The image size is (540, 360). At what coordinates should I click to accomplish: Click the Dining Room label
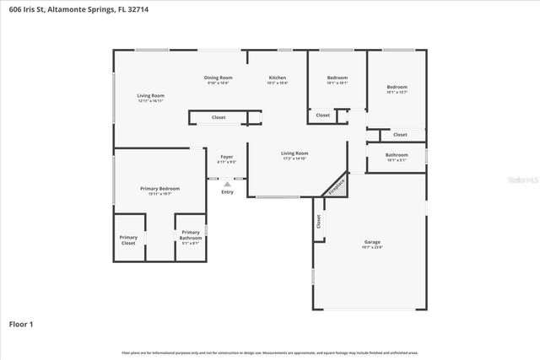point(218,78)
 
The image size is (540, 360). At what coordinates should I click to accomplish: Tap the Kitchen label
point(278,78)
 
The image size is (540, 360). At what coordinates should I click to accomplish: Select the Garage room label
point(372,242)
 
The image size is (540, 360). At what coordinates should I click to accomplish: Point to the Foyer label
point(227,157)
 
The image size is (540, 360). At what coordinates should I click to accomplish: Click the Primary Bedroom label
point(159,189)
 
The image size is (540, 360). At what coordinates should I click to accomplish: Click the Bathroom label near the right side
point(397,155)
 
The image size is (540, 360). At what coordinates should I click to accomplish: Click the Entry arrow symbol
point(227,184)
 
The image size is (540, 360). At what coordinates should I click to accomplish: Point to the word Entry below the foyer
point(227,192)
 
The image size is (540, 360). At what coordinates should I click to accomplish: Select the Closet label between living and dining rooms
point(219,118)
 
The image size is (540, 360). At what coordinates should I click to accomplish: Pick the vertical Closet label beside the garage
point(319,222)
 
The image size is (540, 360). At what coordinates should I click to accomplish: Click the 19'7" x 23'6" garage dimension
point(372,247)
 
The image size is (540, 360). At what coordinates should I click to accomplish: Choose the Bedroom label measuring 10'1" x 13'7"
point(397,88)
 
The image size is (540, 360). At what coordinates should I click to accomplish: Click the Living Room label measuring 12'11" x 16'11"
point(151,96)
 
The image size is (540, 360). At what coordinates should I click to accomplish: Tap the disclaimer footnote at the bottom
point(270,352)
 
